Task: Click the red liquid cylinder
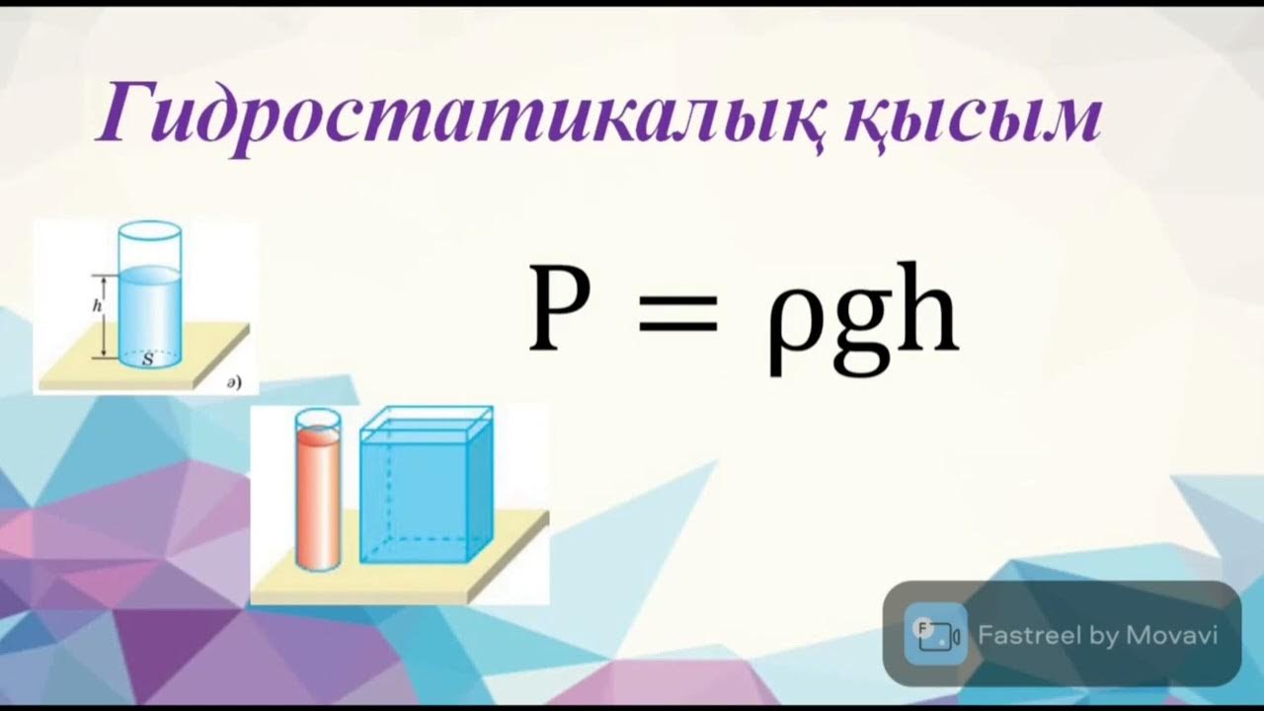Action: (x=318, y=499)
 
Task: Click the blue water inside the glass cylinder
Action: (x=149, y=316)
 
